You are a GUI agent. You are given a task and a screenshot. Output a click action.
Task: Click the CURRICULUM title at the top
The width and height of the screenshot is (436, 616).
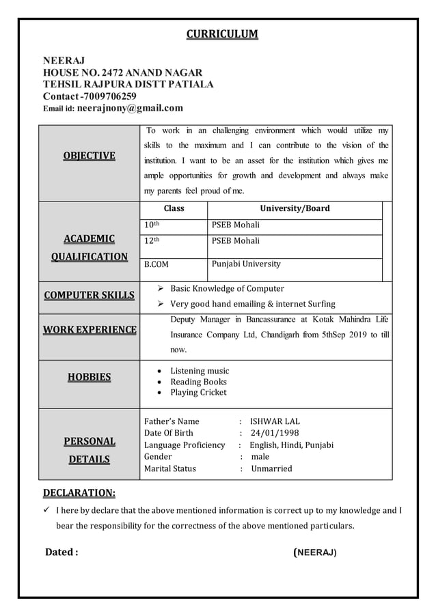(x=222, y=34)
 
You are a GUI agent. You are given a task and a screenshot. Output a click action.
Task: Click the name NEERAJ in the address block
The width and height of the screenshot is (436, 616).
(x=64, y=61)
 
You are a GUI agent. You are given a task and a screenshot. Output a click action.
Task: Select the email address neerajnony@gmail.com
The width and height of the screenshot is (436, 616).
(x=130, y=108)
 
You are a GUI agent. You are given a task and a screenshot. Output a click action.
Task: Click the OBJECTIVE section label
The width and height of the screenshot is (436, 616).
(x=89, y=156)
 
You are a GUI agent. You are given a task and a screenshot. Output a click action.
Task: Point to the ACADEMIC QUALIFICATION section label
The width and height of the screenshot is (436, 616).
(x=89, y=247)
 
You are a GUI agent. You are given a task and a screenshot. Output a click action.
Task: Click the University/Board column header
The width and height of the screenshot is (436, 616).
(x=295, y=208)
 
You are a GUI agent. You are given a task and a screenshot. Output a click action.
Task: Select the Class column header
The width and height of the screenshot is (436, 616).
(x=173, y=208)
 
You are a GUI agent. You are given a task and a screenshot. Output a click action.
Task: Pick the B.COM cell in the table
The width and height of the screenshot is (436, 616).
(x=156, y=264)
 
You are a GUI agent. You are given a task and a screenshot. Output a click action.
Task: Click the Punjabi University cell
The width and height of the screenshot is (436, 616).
(x=246, y=264)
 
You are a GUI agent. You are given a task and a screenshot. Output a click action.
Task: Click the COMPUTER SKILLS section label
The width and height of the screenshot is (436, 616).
(x=89, y=295)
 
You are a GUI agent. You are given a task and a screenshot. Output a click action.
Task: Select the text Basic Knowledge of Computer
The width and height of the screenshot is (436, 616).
(x=227, y=288)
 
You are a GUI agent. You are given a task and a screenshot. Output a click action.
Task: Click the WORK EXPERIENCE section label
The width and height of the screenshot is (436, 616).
(x=89, y=330)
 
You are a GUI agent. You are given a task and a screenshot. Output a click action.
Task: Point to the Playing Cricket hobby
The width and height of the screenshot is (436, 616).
(x=198, y=393)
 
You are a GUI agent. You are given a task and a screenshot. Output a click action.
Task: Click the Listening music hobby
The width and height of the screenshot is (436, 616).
(x=200, y=371)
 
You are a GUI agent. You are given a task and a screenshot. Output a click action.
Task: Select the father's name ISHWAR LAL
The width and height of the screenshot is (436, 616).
(x=275, y=421)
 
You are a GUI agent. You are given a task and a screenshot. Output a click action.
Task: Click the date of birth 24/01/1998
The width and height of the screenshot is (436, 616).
(x=275, y=433)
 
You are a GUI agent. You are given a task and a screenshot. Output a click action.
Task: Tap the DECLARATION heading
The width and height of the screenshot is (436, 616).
(x=79, y=492)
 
